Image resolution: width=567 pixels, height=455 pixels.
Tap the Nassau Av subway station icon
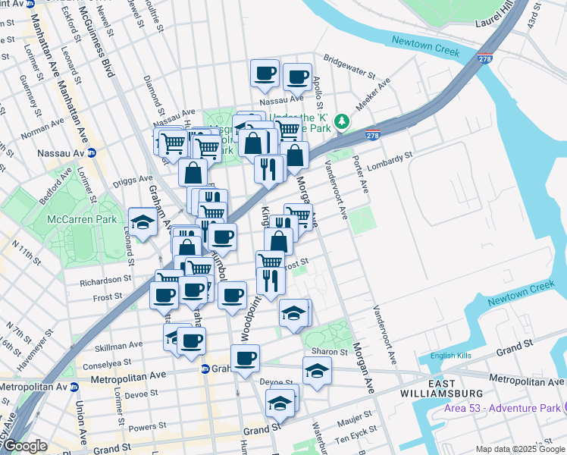point(92,152)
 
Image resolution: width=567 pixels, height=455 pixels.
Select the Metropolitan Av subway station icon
point(74,387)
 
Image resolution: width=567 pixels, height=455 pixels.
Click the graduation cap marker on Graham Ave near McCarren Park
point(142,222)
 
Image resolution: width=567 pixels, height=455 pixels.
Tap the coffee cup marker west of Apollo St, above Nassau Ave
point(265,74)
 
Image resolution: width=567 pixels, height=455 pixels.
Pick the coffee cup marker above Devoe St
point(244,359)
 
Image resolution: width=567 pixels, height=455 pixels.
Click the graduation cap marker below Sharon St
point(317,371)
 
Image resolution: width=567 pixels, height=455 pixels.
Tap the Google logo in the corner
point(25,446)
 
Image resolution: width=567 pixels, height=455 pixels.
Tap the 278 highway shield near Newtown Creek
point(484,58)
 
